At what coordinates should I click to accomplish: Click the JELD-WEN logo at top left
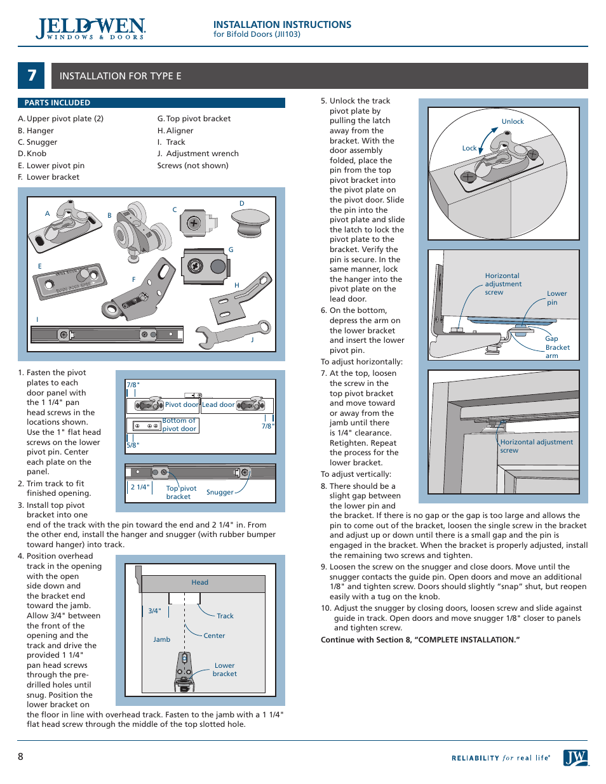[91, 29]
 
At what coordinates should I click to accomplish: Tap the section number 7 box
[31, 76]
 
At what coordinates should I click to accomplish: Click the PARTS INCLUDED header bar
[151, 103]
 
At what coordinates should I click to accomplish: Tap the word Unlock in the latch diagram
[513, 122]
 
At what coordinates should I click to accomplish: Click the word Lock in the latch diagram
[469, 149]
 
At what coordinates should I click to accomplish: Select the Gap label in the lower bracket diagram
[551, 339]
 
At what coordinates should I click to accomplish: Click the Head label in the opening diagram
[200, 583]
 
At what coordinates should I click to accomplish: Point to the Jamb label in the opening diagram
[162, 640]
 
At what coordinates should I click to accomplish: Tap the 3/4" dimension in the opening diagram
[154, 611]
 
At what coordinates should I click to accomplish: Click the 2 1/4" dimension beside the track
[140, 488]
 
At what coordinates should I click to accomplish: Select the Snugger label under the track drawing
[220, 493]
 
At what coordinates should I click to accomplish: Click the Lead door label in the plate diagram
[218, 405]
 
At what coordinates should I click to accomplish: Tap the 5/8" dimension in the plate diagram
[133, 446]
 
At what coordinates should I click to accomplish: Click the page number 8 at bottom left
[21, 757]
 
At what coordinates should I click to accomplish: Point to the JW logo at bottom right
[576, 757]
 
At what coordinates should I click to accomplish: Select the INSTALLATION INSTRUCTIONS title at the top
[282, 25]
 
